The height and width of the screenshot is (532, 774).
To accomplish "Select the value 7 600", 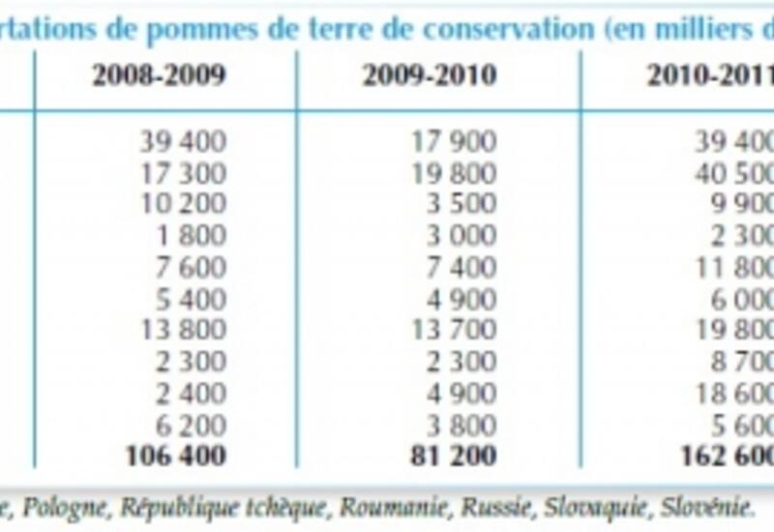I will tap(191, 267).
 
